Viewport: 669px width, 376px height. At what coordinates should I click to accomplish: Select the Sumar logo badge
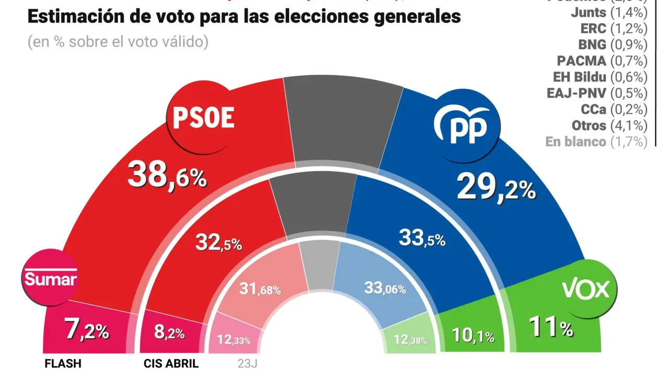pyautogui.click(x=51, y=279)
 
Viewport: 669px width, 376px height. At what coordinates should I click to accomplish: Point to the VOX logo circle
pyautogui.click(x=585, y=288)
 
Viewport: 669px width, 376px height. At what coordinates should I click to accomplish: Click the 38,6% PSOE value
pyautogui.click(x=167, y=175)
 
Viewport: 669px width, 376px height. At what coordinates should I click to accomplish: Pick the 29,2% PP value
pyautogui.click(x=496, y=187)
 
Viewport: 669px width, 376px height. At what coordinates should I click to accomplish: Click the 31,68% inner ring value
pyautogui.click(x=260, y=288)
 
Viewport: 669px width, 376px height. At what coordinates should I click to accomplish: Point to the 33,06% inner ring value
pyautogui.click(x=384, y=288)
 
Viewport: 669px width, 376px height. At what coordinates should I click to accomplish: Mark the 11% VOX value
pyautogui.click(x=551, y=328)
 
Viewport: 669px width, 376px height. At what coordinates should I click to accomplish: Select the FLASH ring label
pyautogui.click(x=62, y=363)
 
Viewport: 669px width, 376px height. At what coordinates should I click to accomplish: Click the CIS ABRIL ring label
pyautogui.click(x=170, y=363)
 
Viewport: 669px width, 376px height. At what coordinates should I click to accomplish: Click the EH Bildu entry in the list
pyautogui.click(x=600, y=77)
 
